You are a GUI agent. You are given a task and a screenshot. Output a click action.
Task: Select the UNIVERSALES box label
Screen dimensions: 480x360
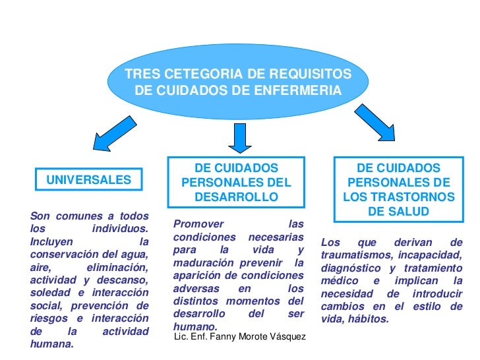pyautogui.click(x=88, y=179)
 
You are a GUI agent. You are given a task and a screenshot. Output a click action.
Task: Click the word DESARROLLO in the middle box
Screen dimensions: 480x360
pyautogui.click(x=236, y=197)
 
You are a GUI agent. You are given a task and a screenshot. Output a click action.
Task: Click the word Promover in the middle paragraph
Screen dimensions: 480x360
pyautogui.click(x=198, y=224)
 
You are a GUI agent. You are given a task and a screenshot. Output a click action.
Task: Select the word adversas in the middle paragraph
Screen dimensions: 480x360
pyautogui.click(x=195, y=288)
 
